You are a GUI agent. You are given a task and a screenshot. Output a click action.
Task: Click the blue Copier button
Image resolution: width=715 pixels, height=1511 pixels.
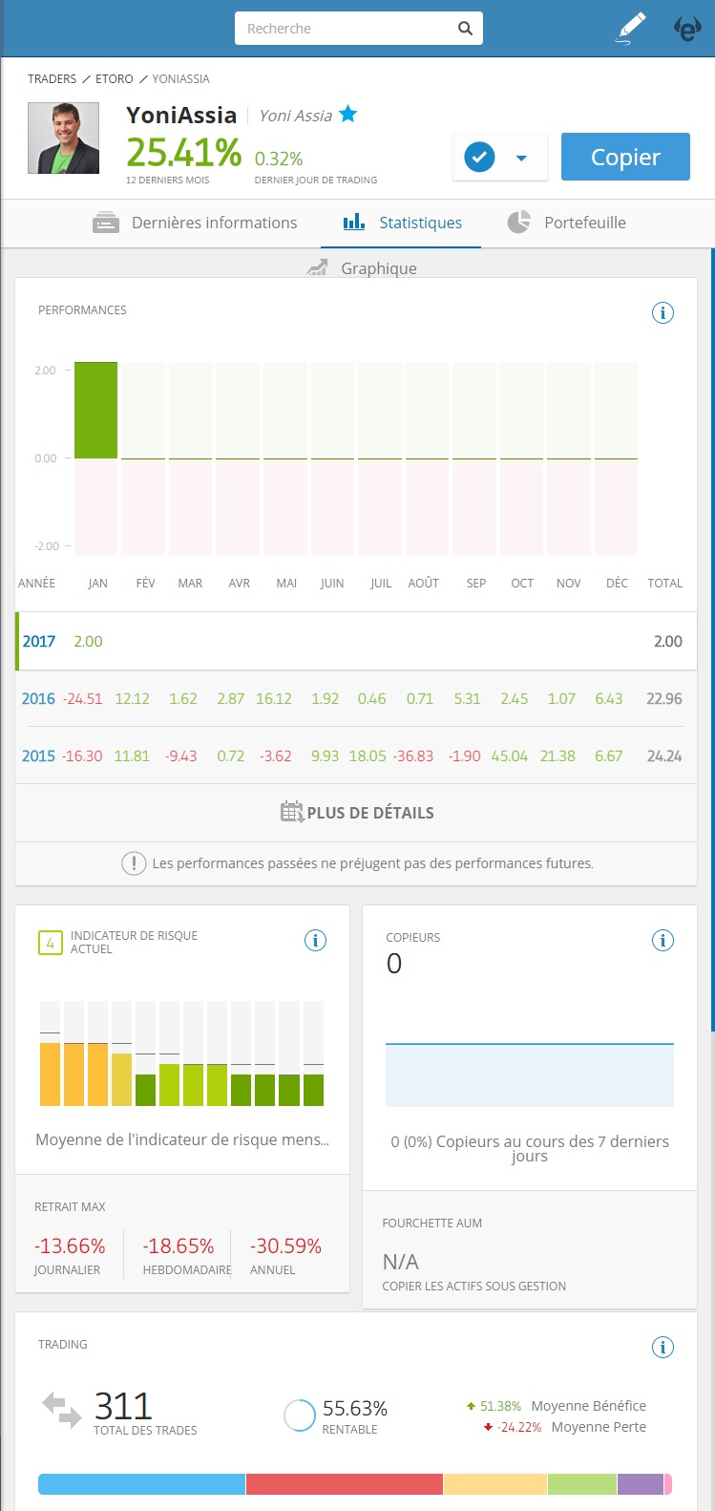click(x=625, y=157)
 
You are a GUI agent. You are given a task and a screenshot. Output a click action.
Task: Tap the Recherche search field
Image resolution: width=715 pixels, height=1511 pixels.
click(x=348, y=29)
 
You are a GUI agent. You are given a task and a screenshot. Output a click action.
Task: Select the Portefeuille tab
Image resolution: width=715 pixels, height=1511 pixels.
click(x=567, y=223)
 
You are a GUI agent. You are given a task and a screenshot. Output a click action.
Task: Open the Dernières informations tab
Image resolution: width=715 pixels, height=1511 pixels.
click(x=196, y=223)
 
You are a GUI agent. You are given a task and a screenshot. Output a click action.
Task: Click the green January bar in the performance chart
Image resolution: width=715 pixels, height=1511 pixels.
click(x=96, y=411)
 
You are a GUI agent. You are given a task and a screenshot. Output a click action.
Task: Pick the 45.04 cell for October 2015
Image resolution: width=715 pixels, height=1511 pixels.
click(x=509, y=755)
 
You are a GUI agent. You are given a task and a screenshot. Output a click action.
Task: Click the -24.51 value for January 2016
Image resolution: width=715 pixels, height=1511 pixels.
click(x=82, y=698)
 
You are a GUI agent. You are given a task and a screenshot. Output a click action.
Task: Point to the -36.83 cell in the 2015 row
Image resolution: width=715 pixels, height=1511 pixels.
click(x=413, y=755)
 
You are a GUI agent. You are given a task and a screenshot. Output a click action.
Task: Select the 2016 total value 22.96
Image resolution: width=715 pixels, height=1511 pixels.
click(x=663, y=698)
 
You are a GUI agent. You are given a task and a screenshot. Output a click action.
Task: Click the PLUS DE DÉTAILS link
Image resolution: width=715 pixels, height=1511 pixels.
click(x=357, y=813)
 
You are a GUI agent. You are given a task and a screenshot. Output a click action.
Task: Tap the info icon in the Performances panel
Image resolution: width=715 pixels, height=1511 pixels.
click(x=662, y=312)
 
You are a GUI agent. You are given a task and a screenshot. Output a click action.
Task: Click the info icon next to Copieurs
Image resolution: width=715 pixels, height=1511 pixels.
click(x=662, y=940)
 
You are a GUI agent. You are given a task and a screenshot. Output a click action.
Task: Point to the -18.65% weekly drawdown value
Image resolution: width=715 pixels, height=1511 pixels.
click(x=179, y=1245)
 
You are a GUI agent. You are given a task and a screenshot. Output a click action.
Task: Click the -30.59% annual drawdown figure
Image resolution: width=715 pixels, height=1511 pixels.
click(x=285, y=1245)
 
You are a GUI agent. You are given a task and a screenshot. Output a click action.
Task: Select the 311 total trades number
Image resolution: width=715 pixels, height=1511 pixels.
click(x=123, y=1406)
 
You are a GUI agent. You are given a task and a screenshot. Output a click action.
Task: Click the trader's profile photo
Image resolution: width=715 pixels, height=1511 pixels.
click(x=63, y=138)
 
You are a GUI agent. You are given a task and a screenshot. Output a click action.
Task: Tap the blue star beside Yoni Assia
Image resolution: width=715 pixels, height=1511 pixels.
click(x=348, y=115)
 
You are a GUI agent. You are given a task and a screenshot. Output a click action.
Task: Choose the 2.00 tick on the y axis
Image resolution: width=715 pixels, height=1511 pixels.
click(x=45, y=371)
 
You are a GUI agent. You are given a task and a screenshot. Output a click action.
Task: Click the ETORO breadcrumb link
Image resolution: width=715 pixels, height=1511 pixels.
click(x=115, y=78)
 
